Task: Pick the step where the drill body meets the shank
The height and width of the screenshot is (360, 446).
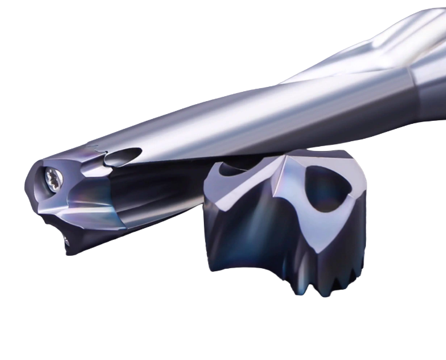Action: point(412,80)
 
